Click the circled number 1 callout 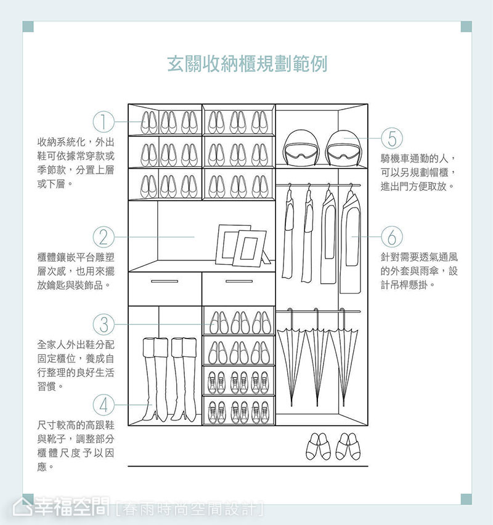point(104,121)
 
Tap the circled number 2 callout point(104,237)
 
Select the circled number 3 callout point(104,324)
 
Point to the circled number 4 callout point(104,405)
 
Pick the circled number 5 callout point(392,138)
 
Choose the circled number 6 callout point(392,237)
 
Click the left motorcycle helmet point(301,148)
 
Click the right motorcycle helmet point(343,148)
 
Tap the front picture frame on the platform point(250,249)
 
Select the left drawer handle point(165,281)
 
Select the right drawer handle point(239,281)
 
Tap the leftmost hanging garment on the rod point(288,231)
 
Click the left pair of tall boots point(155,379)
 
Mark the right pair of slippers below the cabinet point(348,446)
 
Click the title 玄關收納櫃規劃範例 point(247,63)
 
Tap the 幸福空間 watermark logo point(62,507)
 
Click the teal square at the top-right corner point(466,26)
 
